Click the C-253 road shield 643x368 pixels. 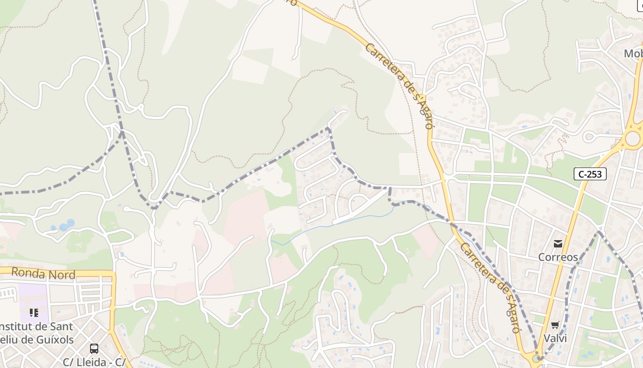click(590, 174)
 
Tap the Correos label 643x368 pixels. click(558, 257)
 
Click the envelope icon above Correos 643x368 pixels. click(558, 243)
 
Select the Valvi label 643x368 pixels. click(555, 339)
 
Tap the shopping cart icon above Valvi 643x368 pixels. click(555, 325)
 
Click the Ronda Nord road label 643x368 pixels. click(43, 273)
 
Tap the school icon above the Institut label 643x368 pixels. click(34, 313)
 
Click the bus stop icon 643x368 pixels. click(94, 348)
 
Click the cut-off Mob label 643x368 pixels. click(633, 54)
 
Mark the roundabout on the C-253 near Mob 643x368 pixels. click(632, 138)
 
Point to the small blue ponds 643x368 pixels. click(67, 225)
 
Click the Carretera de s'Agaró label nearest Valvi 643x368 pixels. click(490, 287)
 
